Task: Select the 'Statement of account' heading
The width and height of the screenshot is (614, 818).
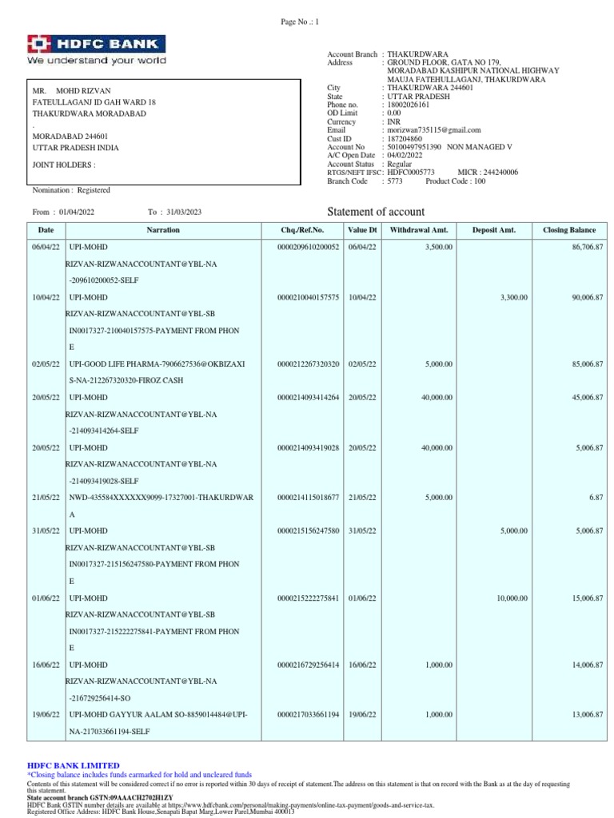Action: [x=377, y=212]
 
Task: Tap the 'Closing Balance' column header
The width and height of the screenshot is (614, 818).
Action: [x=569, y=230]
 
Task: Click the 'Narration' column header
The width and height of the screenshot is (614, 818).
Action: [x=163, y=230]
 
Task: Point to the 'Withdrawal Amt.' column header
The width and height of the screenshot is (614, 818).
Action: [x=418, y=230]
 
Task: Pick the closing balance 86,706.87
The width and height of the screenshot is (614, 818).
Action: [x=584, y=248]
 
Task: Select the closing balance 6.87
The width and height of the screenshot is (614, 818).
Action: [x=595, y=497]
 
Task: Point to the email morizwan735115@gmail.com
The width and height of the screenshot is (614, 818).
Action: [x=434, y=129]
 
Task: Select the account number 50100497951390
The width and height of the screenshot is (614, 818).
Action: [x=414, y=147]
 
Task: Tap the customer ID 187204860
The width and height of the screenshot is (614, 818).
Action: [x=405, y=138]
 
